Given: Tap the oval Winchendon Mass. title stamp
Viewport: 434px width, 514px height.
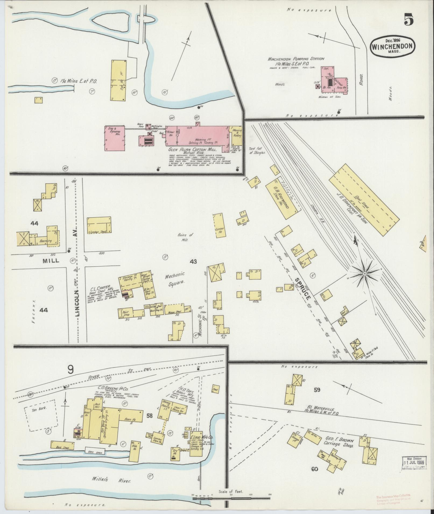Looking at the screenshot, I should tap(393, 46).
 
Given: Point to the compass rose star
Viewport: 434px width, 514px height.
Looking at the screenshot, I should tap(364, 274).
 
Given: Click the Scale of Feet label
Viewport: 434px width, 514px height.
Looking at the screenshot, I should tap(231, 491).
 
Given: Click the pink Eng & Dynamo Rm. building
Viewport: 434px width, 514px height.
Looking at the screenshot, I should tap(114, 138).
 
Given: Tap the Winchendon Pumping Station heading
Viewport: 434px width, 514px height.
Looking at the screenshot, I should tap(296, 59).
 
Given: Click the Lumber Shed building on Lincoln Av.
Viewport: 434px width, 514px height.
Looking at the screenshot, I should tap(99, 225).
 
